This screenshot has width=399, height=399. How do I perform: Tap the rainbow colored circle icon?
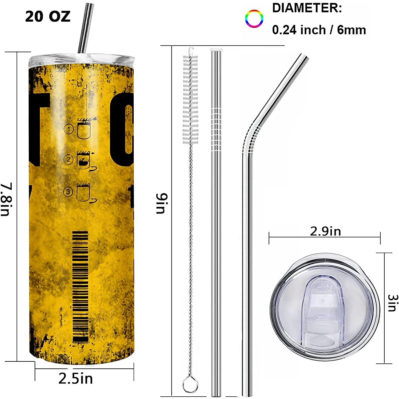coord(254,19)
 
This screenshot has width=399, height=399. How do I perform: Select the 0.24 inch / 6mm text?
coord(319,30)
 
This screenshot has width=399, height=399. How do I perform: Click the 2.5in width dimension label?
coord(76,378)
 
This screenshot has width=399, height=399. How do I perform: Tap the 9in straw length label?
coord(161,204)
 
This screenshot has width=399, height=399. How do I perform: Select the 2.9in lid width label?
coord(326,231)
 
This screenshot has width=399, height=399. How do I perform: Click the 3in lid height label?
coord(392,303)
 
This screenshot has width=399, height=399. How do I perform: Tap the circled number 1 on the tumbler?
coord(69,128)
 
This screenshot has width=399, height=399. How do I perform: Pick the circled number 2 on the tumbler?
coord(68,160)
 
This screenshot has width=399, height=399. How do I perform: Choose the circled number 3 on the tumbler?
coord(68,192)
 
